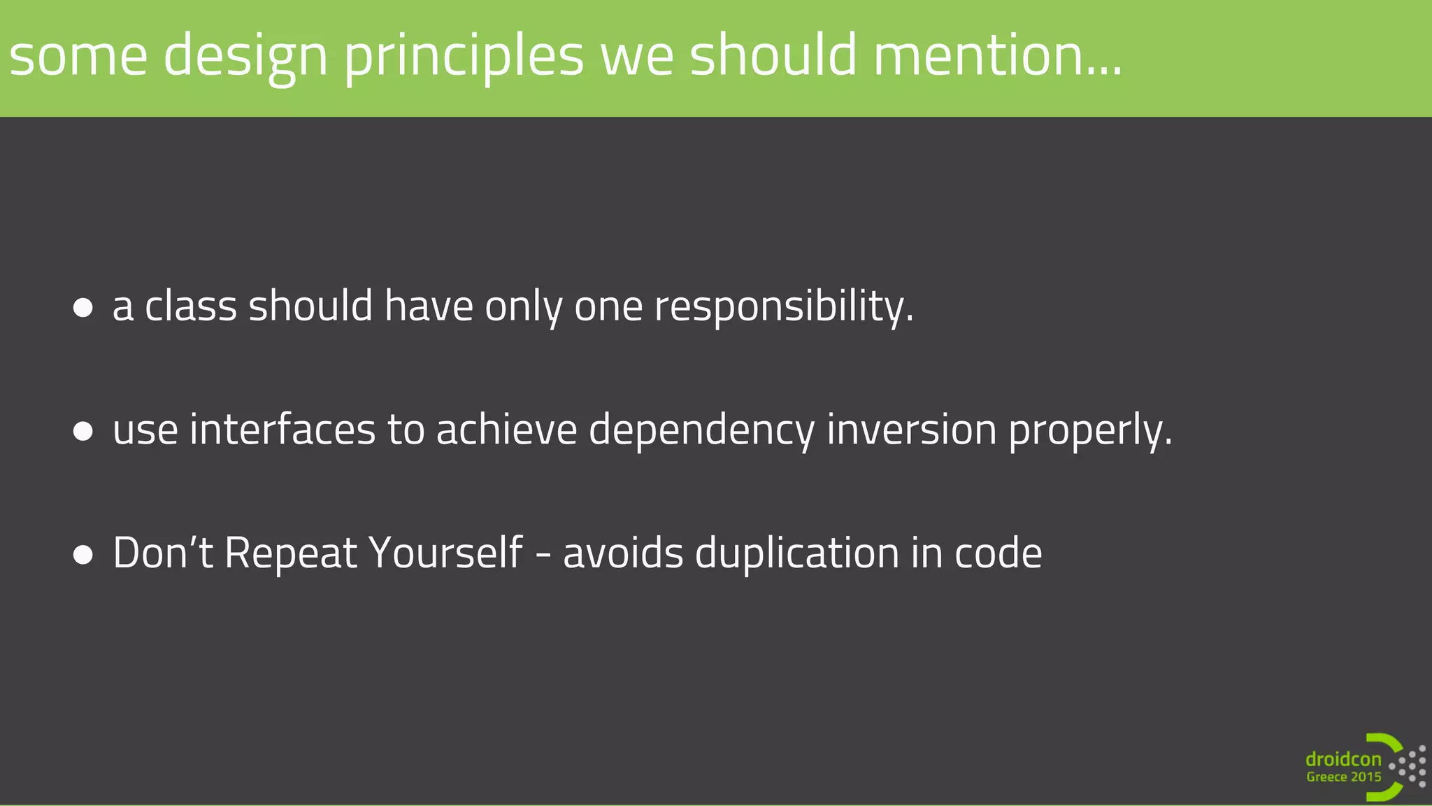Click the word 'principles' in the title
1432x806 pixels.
point(463,57)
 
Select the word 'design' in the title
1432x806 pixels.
point(245,57)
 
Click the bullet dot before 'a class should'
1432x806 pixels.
point(83,308)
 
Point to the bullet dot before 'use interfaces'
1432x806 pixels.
point(83,431)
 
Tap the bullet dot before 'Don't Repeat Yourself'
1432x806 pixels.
point(83,555)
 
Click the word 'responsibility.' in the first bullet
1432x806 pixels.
point(784,308)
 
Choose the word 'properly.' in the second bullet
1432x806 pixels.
point(1089,431)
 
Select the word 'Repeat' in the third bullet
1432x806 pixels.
point(291,554)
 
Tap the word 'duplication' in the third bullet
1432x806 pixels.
point(796,554)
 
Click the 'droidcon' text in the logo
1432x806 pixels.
point(1343,760)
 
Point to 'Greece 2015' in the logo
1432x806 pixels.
point(1343,777)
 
